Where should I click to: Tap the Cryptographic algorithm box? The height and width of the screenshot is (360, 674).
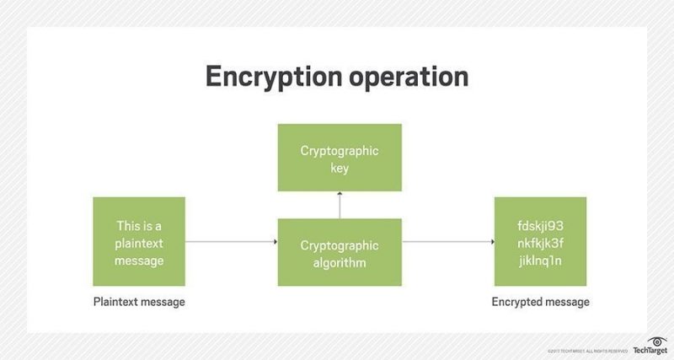click(340, 252)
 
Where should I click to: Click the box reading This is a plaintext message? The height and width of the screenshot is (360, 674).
click(139, 242)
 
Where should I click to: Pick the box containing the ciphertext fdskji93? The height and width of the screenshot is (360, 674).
click(540, 242)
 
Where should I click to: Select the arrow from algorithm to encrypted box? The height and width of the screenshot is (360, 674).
click(447, 243)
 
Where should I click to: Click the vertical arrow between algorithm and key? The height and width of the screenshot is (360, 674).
click(340, 205)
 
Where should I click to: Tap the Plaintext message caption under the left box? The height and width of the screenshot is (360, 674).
click(139, 301)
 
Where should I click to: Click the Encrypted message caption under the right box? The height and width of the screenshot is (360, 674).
click(541, 301)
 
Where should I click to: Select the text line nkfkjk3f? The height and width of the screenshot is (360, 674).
click(540, 243)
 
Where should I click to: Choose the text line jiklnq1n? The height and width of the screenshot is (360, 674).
click(540, 260)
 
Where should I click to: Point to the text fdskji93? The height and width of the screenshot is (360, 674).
click(540, 226)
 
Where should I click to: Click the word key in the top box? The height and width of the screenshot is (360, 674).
click(340, 169)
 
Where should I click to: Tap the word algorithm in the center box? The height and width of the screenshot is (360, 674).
click(340, 261)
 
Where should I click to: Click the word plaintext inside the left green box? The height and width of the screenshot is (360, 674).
click(139, 243)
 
